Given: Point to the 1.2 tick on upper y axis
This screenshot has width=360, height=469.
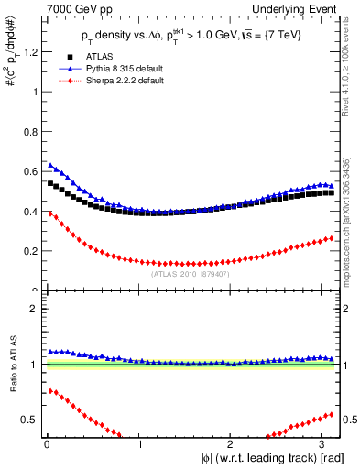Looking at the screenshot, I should click(30, 52).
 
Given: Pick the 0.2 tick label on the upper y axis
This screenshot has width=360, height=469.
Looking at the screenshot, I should click(30, 251).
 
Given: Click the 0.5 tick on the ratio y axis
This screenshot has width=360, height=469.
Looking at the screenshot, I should click(30, 420).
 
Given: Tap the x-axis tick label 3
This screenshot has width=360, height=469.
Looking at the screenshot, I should click(328, 444).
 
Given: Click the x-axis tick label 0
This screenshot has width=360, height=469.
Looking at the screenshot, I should click(46, 444).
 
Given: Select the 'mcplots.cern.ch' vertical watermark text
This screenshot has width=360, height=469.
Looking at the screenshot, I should click(349, 229).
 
